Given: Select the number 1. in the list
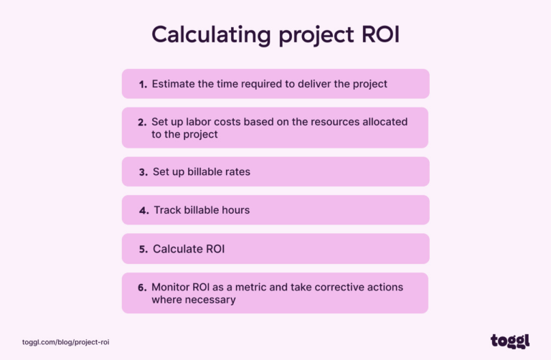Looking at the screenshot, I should click(x=143, y=84).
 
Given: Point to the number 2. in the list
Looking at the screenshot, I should click(x=143, y=122).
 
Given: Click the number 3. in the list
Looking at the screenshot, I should click(x=143, y=172).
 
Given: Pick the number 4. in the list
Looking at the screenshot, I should click(x=143, y=210).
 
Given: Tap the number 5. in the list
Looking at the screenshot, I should click(x=143, y=249).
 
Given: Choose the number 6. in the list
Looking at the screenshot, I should click(x=143, y=287).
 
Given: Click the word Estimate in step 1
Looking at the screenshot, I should click(x=173, y=84).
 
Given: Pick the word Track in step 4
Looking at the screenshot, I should click(x=167, y=210).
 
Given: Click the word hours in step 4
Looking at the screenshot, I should click(x=234, y=210).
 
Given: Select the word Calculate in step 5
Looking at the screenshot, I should click(x=177, y=249).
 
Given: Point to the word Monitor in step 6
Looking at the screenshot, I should click(x=172, y=287).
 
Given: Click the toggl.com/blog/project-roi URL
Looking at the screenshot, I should click(x=65, y=343).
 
